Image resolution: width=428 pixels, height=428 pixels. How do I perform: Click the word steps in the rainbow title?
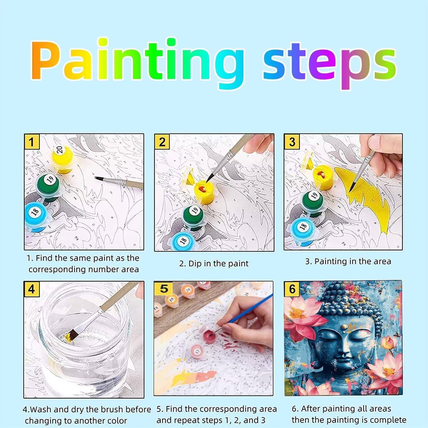click(x=330, y=64)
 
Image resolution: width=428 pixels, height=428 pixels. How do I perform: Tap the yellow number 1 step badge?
click(x=32, y=142)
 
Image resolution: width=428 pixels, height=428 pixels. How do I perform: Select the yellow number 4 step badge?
click(x=32, y=289)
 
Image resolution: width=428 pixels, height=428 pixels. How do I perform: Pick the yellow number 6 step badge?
click(x=292, y=289)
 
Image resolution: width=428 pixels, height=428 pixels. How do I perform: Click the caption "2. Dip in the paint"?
click(x=214, y=263)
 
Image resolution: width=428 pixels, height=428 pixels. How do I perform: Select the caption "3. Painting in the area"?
click(x=348, y=261)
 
